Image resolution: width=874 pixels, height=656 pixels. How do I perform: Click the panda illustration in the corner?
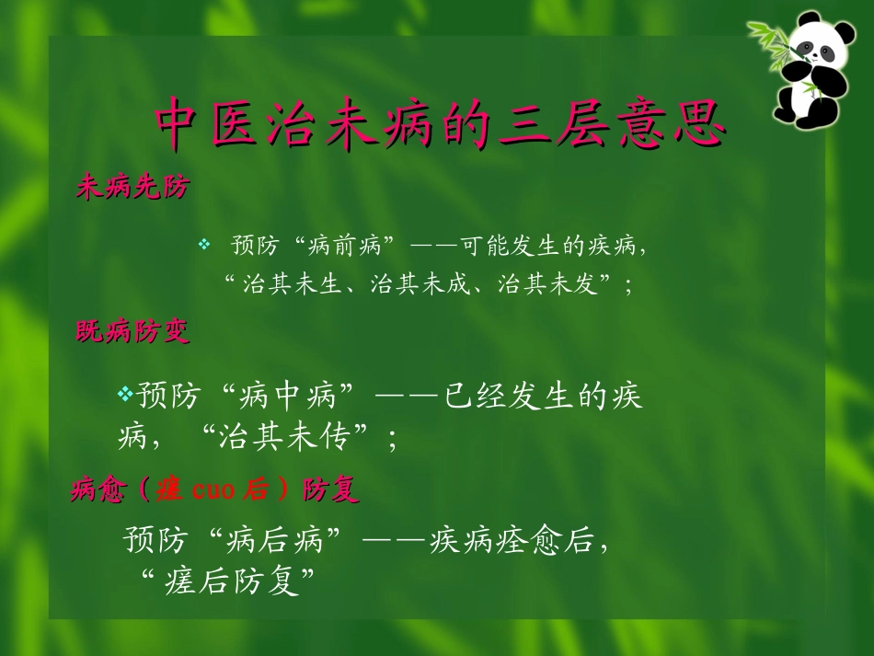click(811, 70)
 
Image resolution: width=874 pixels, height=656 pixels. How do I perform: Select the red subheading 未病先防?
click(132, 189)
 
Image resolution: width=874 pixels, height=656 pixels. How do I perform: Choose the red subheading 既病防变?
click(132, 332)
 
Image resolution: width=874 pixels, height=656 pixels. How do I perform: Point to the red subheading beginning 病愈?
click(213, 490)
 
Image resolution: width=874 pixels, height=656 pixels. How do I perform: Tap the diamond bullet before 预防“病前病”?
click(205, 245)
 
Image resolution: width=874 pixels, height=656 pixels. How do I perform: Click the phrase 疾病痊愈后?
click(512, 539)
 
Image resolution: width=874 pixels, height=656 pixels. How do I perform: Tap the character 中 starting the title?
click(178, 123)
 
